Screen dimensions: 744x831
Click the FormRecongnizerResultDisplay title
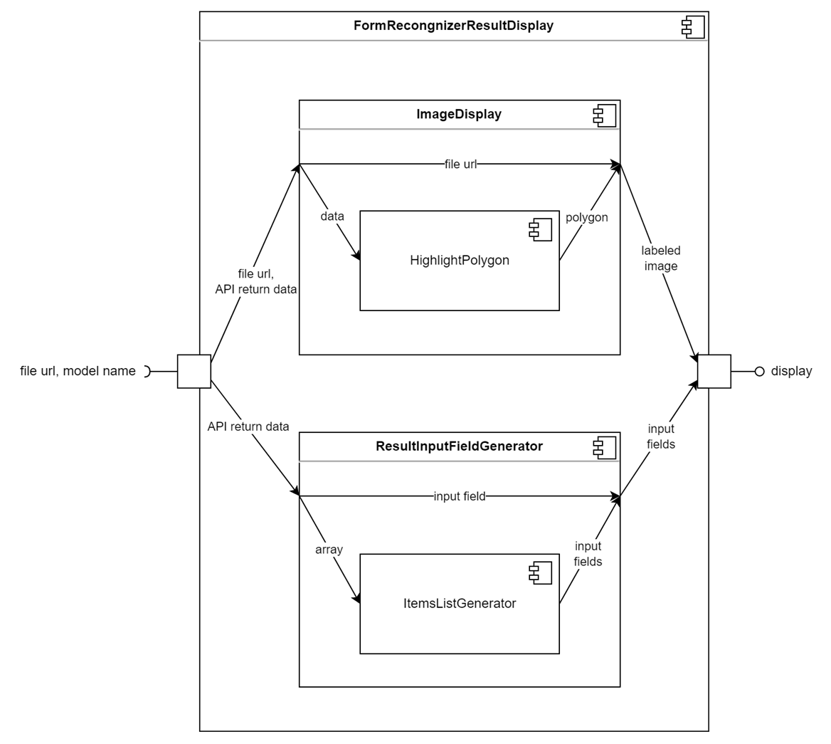[453, 26]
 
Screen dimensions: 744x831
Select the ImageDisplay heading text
[459, 114]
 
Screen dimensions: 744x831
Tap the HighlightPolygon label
[460, 261]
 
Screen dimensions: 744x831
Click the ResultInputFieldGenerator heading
[459, 446]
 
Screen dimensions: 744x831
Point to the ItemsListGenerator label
[460, 604]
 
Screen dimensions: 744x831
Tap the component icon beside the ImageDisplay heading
[605, 116]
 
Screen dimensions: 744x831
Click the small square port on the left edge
[194, 371]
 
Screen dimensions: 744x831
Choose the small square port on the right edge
[714, 371]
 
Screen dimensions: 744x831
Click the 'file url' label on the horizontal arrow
[460, 164]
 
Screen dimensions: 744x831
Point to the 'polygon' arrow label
[586, 217]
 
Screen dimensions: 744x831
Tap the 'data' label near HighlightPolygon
[332, 216]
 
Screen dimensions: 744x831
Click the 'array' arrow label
[329, 549]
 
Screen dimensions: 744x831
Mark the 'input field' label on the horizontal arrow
[460, 496]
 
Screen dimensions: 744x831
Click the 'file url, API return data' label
[255, 282]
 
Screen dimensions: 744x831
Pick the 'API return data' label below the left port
[248, 426]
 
